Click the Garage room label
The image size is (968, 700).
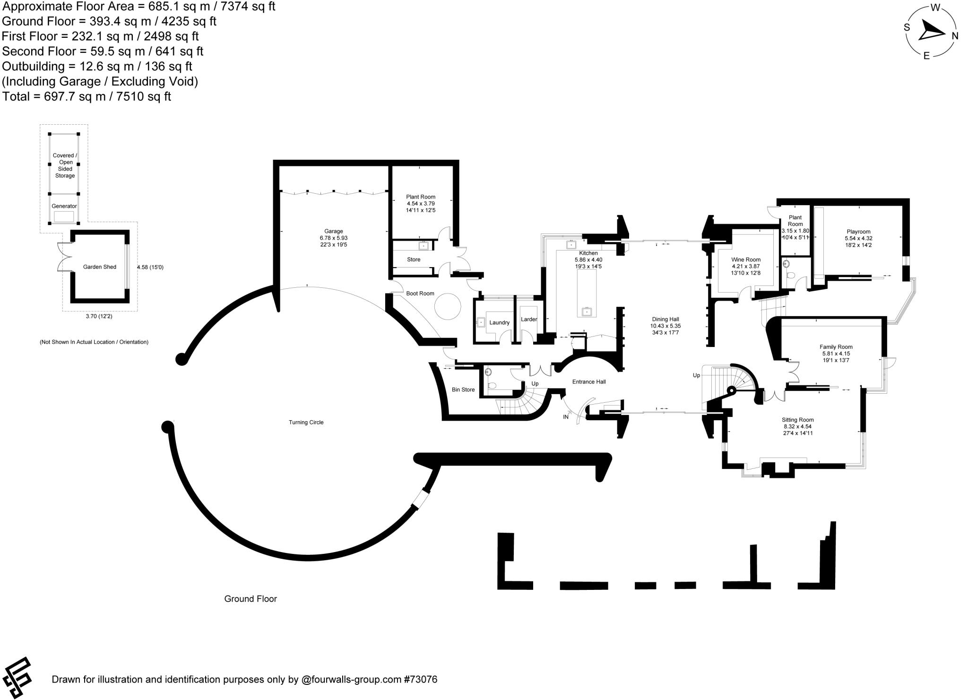click(x=334, y=231)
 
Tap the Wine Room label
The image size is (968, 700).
click(x=746, y=259)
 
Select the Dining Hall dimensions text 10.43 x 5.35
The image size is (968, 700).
click(x=665, y=326)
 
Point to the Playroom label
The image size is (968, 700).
click(x=858, y=232)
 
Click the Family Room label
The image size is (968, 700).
click(x=836, y=347)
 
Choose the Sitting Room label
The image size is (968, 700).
click(x=798, y=420)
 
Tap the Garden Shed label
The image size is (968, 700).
click(x=100, y=267)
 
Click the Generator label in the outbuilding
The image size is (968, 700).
click(x=64, y=206)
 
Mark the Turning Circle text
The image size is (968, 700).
click(x=306, y=422)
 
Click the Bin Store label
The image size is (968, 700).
click(x=463, y=389)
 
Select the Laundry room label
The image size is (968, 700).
click(x=499, y=322)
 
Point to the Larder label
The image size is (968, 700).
click(x=529, y=319)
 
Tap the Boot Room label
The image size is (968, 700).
click(x=420, y=294)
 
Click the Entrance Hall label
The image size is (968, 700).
click(x=589, y=381)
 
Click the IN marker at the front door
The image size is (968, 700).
click(x=566, y=417)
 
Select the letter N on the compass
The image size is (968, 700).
click(x=955, y=36)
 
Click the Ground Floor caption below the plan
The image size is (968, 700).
click(x=251, y=599)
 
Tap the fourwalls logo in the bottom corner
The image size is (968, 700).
click(x=17, y=678)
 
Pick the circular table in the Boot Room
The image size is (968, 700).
click(x=447, y=307)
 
